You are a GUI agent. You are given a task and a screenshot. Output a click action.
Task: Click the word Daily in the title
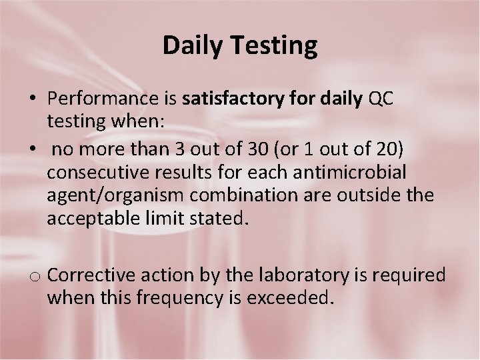193,46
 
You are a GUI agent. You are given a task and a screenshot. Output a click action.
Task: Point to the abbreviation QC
380,99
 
